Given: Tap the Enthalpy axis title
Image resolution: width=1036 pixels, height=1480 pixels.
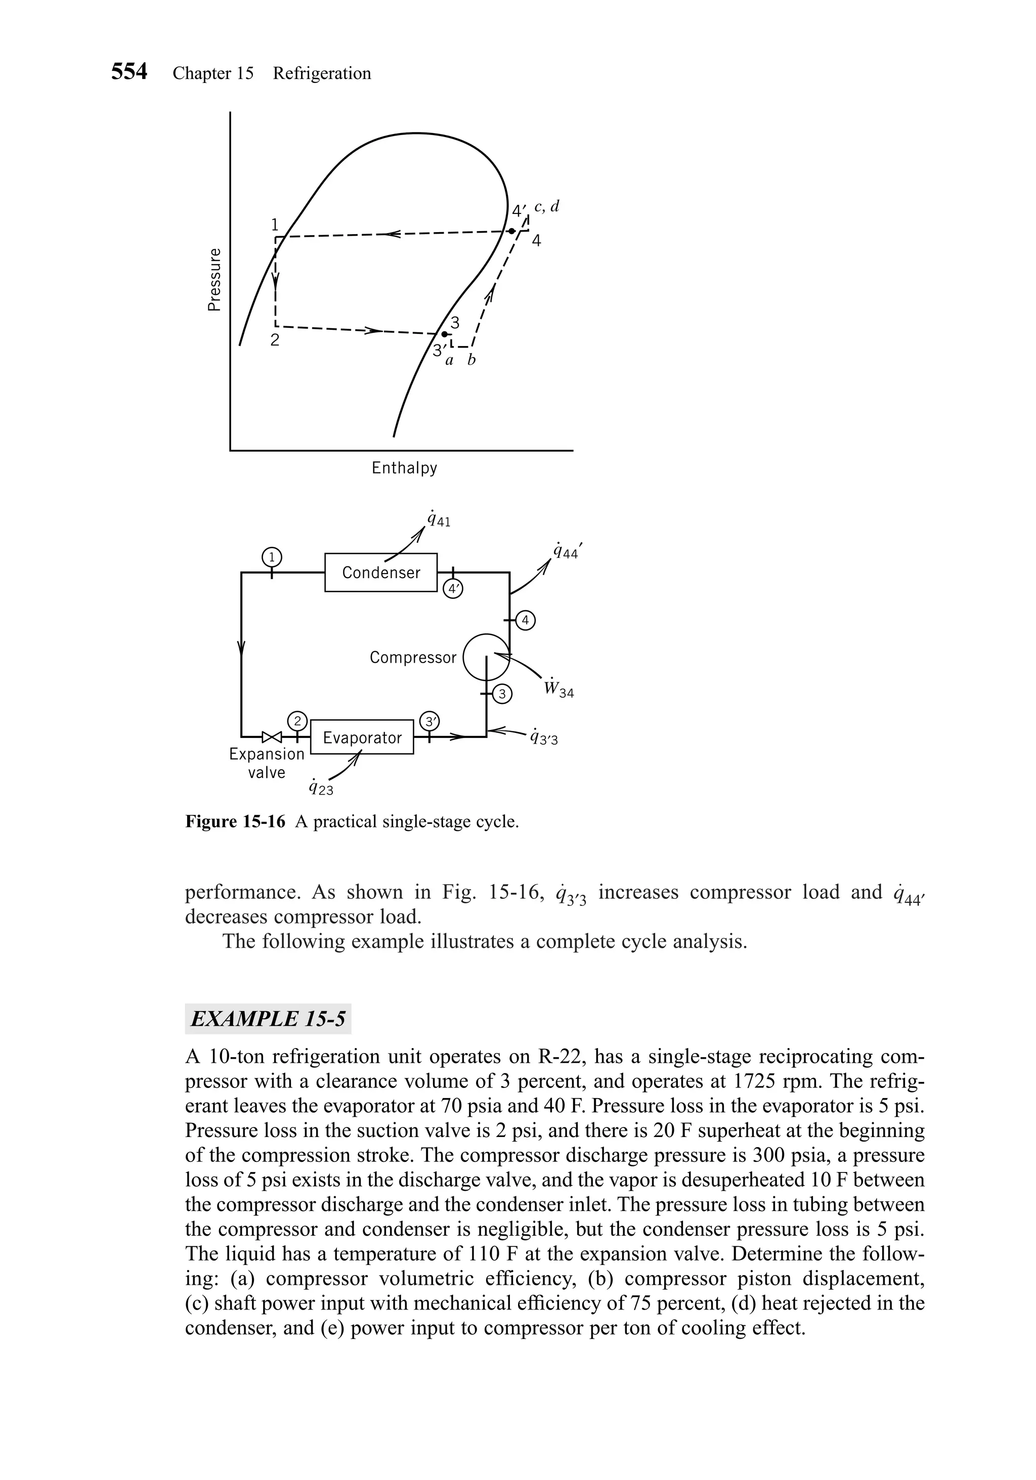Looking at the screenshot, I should [x=404, y=468].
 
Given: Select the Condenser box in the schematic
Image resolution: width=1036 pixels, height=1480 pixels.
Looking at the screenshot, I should [x=380, y=573].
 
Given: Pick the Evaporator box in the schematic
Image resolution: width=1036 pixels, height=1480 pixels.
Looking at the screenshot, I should [x=362, y=737].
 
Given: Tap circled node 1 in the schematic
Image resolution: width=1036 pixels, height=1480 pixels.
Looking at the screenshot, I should [x=272, y=557].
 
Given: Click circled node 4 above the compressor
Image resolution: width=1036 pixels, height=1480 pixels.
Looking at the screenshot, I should [x=527, y=621].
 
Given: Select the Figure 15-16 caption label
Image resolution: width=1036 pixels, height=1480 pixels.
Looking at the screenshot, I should [x=235, y=822].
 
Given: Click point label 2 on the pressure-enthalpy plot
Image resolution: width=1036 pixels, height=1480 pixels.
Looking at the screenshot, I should [x=275, y=340].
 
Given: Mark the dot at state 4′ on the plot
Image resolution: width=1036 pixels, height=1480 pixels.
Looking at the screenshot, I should [x=510, y=231].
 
